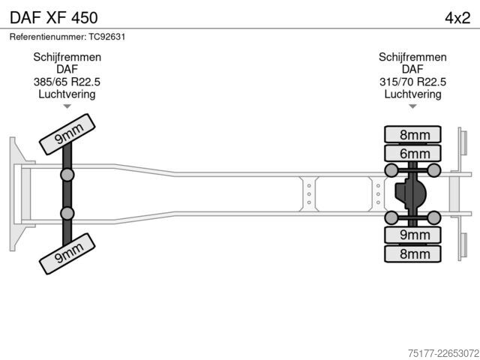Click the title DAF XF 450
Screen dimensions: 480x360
(54, 18)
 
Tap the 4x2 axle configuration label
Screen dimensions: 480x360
(457, 18)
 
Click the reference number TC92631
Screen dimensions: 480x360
(107, 37)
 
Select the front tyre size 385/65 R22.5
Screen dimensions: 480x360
(67, 82)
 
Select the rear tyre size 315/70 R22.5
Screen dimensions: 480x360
(412, 82)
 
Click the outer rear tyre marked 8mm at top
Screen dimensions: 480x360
(412, 135)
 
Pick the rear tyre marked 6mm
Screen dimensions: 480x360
(412, 153)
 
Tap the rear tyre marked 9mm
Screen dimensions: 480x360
(412, 235)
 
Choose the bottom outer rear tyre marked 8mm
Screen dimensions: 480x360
(412, 253)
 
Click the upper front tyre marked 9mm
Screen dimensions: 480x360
(67, 134)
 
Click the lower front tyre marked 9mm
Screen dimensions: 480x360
(67, 253)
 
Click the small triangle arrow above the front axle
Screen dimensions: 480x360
(67, 106)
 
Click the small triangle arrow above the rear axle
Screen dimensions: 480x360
(412, 106)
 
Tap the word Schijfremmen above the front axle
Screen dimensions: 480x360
(67, 57)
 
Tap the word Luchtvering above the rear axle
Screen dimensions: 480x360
(412, 94)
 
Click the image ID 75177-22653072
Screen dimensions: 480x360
(443, 353)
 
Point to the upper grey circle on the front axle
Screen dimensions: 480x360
(67, 175)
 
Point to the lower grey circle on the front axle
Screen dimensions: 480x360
(67, 213)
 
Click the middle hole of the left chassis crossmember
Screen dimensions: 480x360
(309, 194)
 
